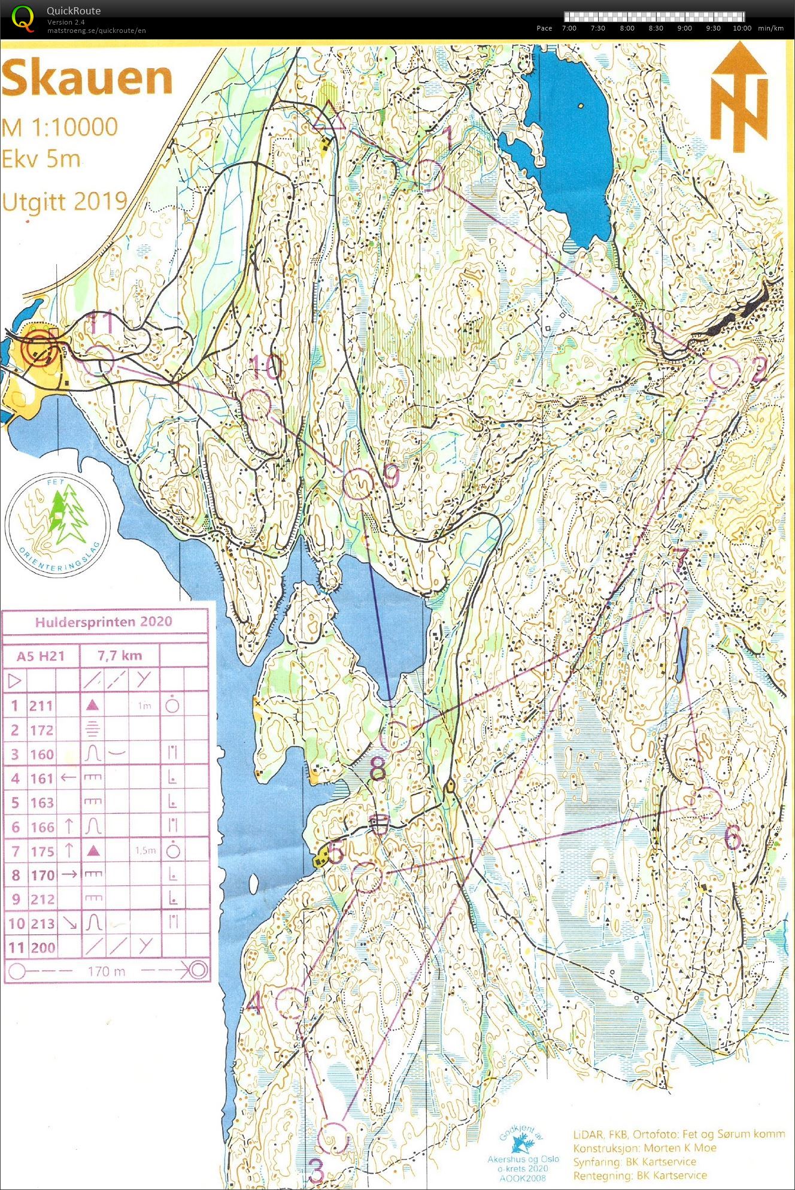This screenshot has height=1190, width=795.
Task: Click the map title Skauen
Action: click(x=87, y=78)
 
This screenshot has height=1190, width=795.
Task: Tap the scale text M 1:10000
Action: click(x=59, y=127)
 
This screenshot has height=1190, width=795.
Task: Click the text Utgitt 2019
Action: click(x=64, y=201)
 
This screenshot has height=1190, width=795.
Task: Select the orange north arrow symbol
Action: click(x=739, y=96)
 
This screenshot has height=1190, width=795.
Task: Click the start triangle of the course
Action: click(x=329, y=117)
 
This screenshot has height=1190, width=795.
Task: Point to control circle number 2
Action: click(x=722, y=372)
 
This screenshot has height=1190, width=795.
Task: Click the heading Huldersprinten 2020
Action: click(x=103, y=622)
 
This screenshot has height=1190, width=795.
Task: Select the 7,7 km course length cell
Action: click(x=120, y=656)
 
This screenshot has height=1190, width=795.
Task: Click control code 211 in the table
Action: click(x=41, y=706)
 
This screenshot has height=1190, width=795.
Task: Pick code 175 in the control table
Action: click(x=41, y=851)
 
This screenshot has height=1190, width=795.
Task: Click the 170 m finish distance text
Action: click(x=106, y=971)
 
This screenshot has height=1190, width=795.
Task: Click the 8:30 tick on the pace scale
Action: click(x=656, y=28)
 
